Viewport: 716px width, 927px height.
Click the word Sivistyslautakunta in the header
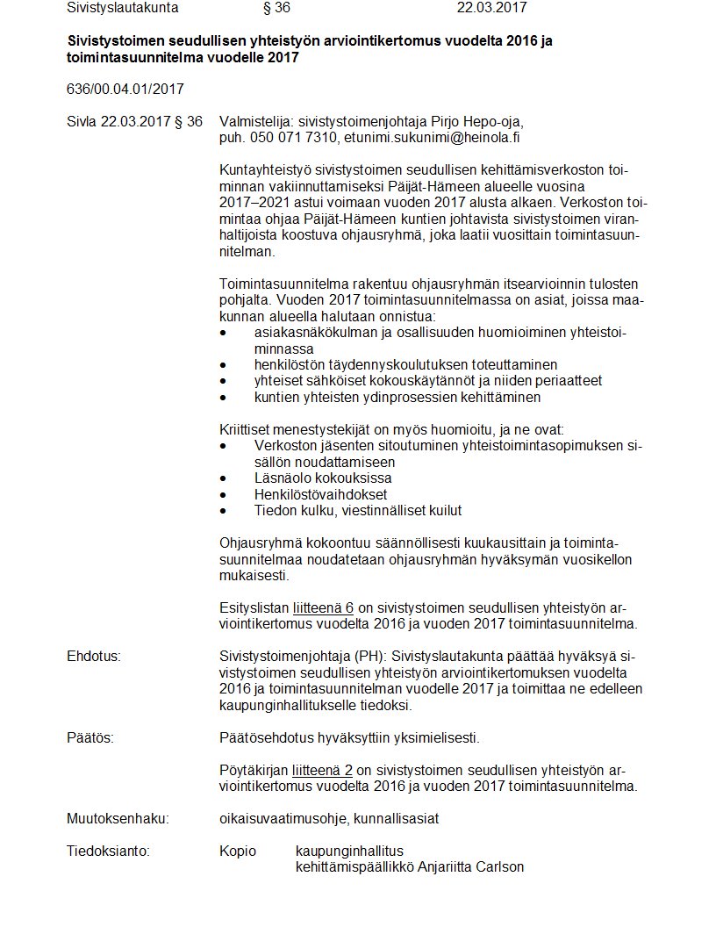click(122, 8)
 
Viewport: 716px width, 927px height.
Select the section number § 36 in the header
click(276, 8)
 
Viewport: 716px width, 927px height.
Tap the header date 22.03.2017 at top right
click(491, 8)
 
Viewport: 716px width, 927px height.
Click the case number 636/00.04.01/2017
click(125, 89)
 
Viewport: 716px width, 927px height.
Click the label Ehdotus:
click(93, 657)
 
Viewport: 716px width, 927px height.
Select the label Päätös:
click(90, 737)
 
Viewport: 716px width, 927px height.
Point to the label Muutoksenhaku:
click(118, 819)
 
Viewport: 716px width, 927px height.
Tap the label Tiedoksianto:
click(108, 851)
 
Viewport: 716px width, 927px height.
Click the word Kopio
click(238, 851)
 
